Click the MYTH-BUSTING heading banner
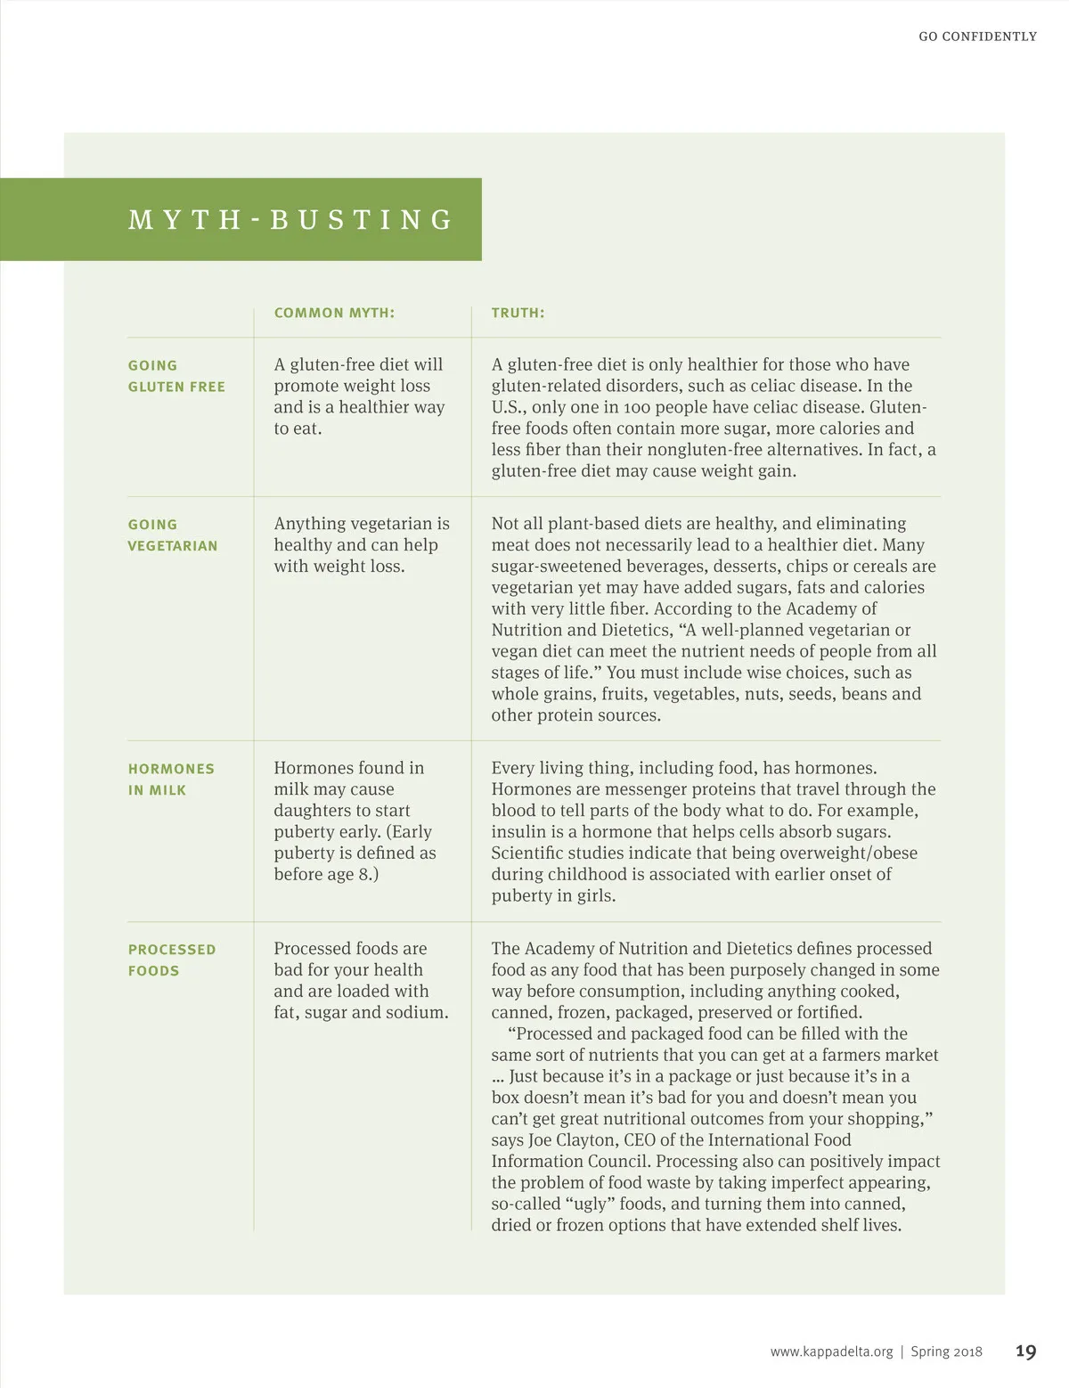[291, 219]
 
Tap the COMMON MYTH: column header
[334, 313]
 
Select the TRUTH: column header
[518, 313]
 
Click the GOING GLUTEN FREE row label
[176, 376]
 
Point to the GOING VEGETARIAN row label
[173, 535]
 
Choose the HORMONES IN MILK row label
[171, 780]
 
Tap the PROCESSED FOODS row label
[172, 960]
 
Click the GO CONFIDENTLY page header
[977, 37]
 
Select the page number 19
[1025, 1351]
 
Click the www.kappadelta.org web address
[831, 1351]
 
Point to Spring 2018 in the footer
[946, 1351]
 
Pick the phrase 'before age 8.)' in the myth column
[326, 875]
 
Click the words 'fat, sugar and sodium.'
[361, 1013]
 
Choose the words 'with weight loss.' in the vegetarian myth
[339, 567]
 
